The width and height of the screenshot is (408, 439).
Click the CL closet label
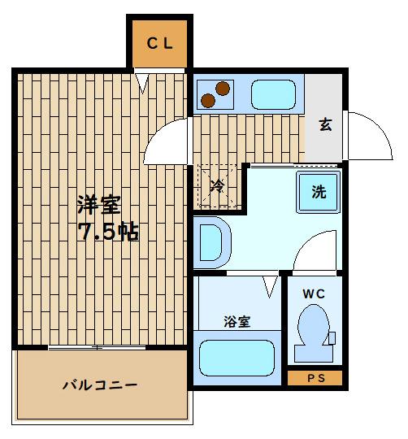coord(160,44)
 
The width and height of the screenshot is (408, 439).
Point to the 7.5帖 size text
coord(108,233)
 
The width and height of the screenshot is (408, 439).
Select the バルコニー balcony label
coord(100,385)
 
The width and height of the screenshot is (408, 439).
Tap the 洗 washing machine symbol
coord(319,193)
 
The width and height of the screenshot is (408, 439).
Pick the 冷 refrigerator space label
coord(217,186)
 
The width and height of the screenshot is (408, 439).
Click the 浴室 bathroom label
coord(237,321)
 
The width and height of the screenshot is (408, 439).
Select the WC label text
coord(314,294)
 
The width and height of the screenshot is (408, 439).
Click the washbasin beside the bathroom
coord(211,241)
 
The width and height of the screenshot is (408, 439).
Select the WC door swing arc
coord(313,248)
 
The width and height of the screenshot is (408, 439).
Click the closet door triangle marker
coord(143,81)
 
